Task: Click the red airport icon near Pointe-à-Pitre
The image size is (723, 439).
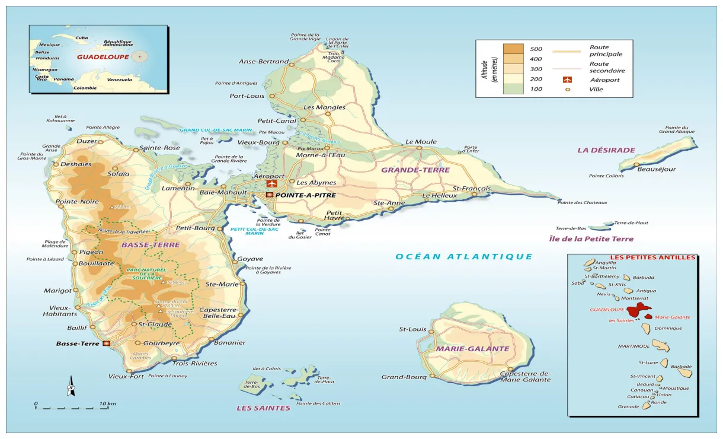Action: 272,184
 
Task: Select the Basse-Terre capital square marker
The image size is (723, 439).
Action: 106,343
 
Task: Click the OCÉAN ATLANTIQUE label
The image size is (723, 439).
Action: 464,256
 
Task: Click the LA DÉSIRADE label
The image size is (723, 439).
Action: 606,150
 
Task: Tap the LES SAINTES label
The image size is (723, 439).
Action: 263,408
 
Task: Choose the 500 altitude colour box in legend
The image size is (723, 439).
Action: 513,49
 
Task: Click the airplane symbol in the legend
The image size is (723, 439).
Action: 567,79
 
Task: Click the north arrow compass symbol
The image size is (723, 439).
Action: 71,386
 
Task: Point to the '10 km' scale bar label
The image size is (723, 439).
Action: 108,404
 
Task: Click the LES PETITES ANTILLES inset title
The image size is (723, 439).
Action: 632,257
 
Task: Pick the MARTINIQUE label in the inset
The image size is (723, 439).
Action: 634,346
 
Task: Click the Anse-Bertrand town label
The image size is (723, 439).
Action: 264,61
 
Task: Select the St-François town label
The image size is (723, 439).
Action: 472,188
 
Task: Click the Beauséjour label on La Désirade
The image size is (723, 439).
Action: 656,169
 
